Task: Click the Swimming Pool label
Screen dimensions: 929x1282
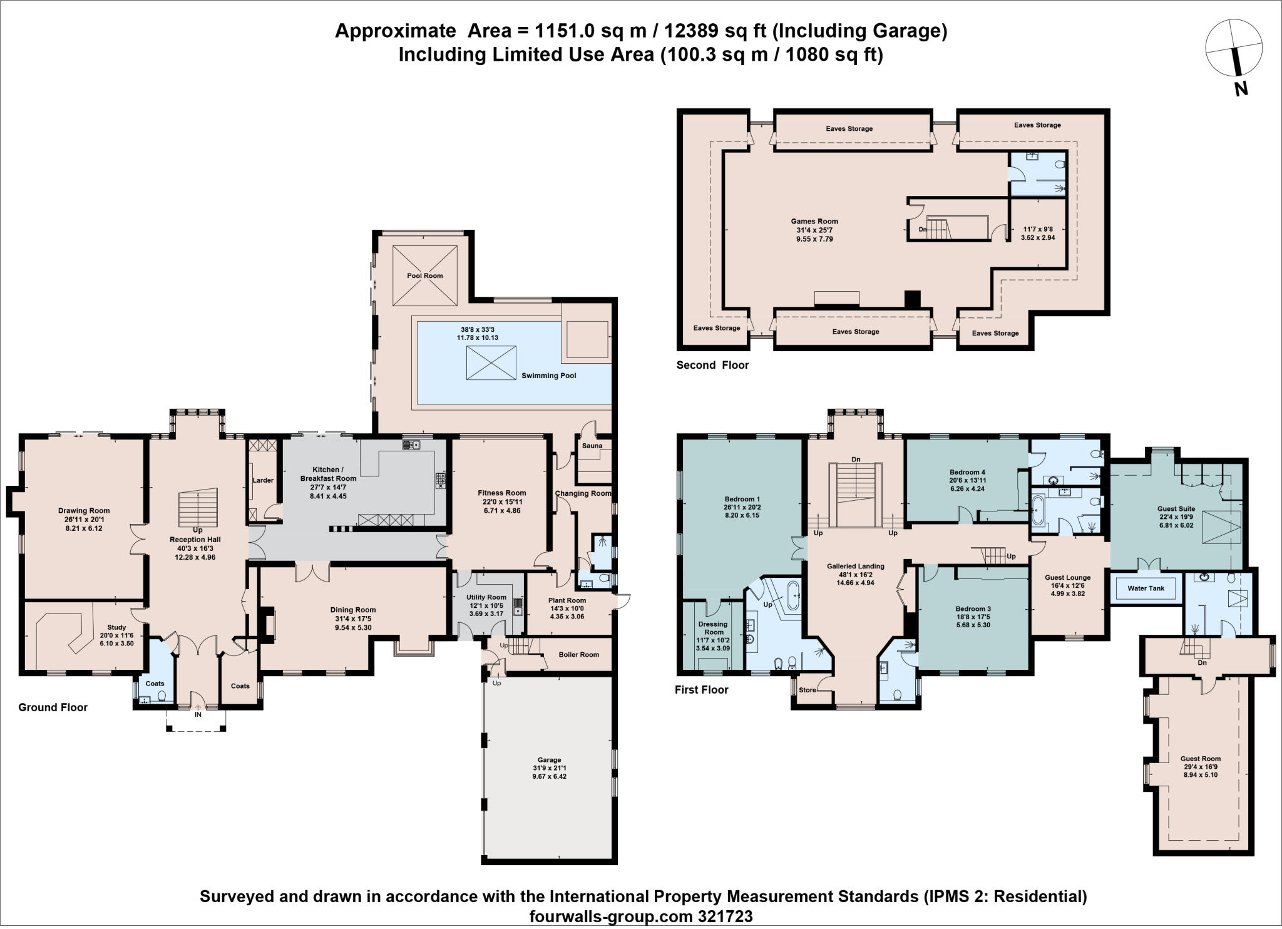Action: tap(548, 376)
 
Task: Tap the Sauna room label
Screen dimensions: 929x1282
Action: tap(592, 446)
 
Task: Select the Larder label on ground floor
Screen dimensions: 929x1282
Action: tap(263, 480)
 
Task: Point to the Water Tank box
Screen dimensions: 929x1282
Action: tap(1146, 588)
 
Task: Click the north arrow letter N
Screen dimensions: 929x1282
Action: tap(1241, 90)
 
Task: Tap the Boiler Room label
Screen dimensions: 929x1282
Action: tap(579, 655)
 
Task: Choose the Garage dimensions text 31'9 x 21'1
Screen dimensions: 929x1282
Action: tap(550, 768)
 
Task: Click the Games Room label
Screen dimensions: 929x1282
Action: tap(814, 221)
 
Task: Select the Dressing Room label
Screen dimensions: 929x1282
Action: tap(712, 628)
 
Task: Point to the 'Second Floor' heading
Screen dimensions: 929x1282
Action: tap(712, 365)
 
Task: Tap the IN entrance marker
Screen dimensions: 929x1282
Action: tap(198, 714)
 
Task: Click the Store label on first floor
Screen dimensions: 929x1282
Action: tap(808, 690)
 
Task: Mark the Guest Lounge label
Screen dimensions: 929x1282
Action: tap(1067, 578)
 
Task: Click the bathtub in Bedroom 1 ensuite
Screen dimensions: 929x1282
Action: tap(794, 595)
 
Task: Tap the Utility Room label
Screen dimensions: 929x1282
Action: tap(486, 597)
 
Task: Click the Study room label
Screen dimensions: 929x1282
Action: tap(116, 627)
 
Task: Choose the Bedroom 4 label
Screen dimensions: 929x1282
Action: tap(967, 472)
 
